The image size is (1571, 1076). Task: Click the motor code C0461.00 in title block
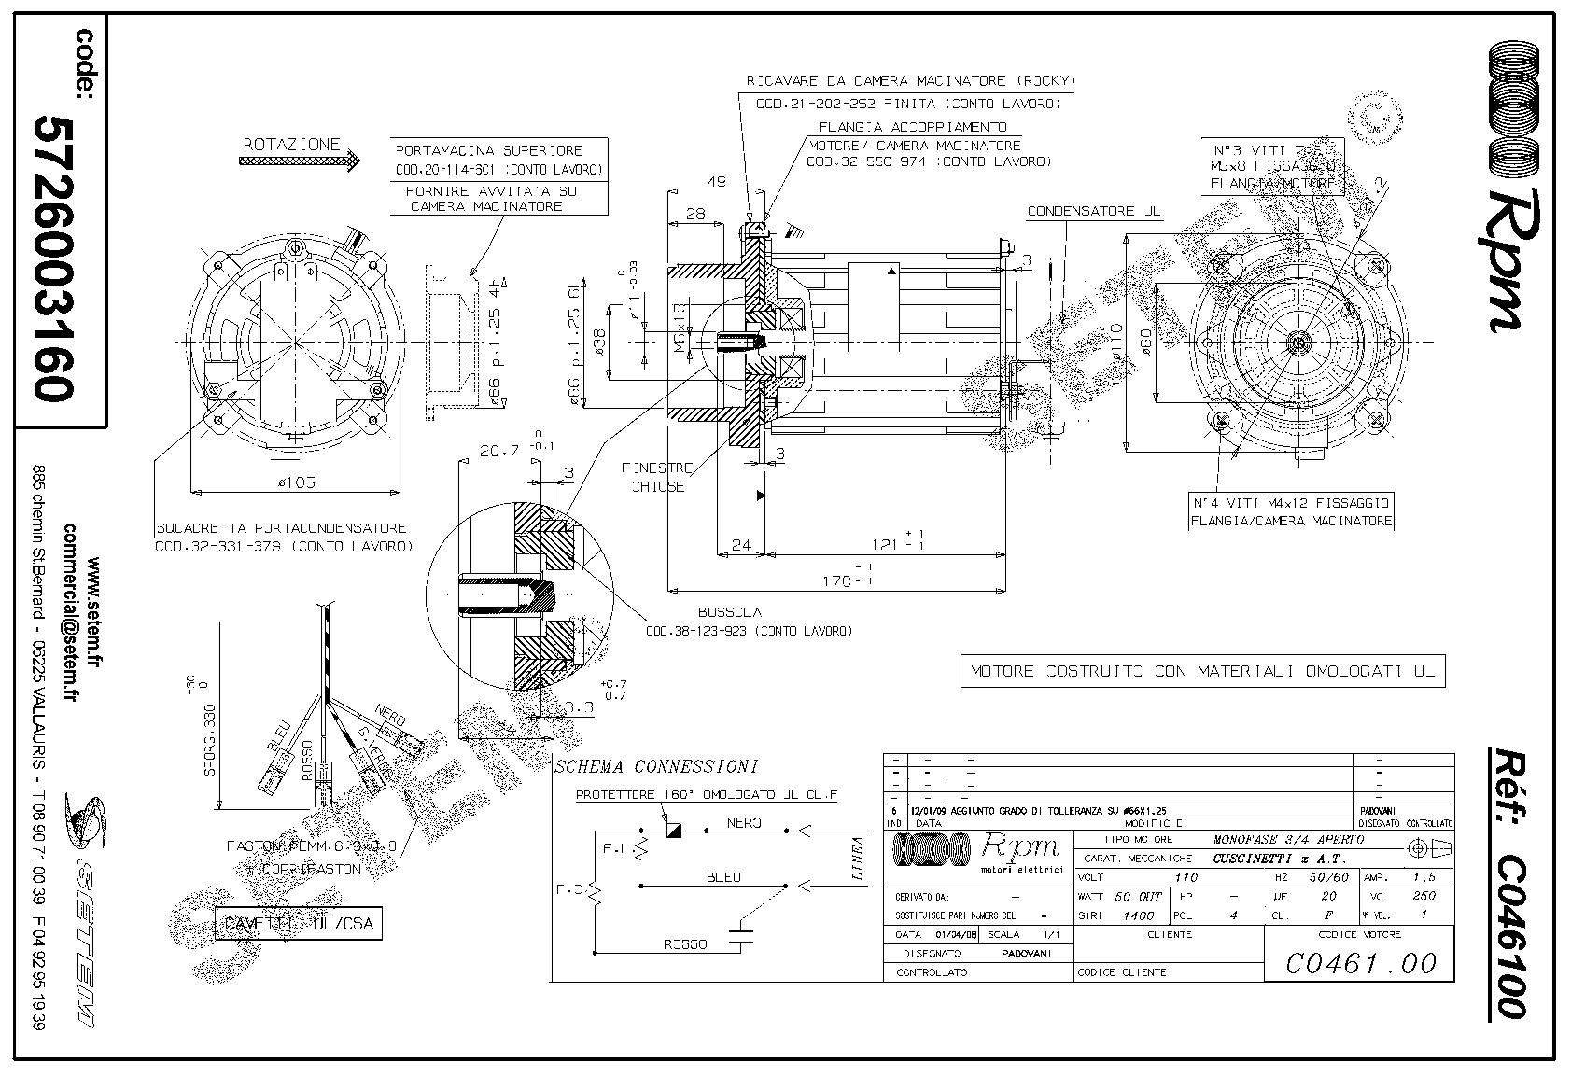1360,961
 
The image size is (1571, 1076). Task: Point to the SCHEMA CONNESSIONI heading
656,767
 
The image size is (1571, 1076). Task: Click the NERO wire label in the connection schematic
744,823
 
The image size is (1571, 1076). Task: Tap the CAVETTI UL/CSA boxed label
298,923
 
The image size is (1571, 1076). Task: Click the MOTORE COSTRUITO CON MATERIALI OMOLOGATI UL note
1202,671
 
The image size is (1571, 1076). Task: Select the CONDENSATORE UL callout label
1094,212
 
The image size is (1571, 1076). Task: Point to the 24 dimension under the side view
741,545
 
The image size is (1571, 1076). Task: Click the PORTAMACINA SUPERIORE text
489,149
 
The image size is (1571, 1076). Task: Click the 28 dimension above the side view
695,214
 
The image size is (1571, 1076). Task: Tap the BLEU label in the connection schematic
723,877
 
